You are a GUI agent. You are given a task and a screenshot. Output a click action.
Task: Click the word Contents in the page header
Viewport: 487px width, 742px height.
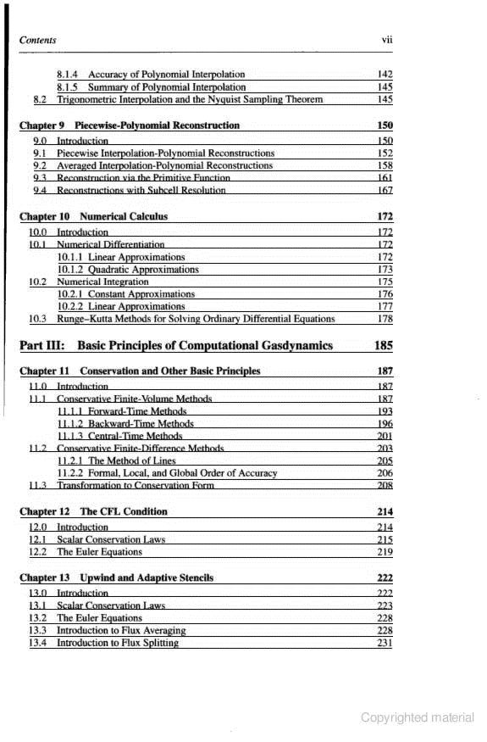pyautogui.click(x=37, y=40)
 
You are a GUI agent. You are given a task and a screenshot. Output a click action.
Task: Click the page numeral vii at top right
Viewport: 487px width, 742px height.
pyautogui.click(x=387, y=40)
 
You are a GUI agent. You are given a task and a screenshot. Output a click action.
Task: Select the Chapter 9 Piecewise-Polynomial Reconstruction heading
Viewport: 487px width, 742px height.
pyautogui.click(x=130, y=126)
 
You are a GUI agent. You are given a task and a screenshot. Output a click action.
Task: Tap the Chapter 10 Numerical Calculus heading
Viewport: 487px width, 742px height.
pyautogui.click(x=93, y=216)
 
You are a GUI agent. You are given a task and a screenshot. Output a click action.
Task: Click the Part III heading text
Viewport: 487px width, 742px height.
pyautogui.click(x=176, y=345)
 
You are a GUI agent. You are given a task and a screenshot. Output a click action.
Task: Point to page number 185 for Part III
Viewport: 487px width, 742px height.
pyautogui.click(x=383, y=345)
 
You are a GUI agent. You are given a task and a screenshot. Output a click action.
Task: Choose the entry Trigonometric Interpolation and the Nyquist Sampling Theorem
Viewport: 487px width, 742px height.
pyautogui.click(x=190, y=99)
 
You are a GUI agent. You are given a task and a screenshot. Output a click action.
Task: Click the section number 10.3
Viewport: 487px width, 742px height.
pyautogui.click(x=37, y=319)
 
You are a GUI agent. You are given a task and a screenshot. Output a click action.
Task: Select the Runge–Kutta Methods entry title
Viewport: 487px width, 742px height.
pyautogui.click(x=196, y=319)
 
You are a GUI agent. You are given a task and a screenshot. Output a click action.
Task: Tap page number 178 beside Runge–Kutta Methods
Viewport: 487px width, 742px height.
pyautogui.click(x=385, y=319)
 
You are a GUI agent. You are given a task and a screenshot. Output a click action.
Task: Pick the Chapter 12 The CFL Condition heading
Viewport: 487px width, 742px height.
pyautogui.click(x=93, y=511)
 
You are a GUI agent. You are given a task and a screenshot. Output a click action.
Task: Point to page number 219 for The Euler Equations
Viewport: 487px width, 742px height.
pyautogui.click(x=385, y=552)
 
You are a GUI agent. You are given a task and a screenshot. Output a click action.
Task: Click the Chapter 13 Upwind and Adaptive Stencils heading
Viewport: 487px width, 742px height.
pyautogui.click(x=117, y=577)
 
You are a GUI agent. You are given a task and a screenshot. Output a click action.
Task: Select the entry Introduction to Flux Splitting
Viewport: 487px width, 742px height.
pyautogui.click(x=118, y=643)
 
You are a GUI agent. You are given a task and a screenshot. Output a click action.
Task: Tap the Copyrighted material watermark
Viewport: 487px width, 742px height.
pyautogui.click(x=417, y=717)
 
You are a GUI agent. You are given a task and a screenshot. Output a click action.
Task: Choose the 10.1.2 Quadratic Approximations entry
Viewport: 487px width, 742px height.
pyautogui.click(x=128, y=270)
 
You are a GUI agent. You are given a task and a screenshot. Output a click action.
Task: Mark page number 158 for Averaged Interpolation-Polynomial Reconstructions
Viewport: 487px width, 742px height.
pyautogui.click(x=385, y=165)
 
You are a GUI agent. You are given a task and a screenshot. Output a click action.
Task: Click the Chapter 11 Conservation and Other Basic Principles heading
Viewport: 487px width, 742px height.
pyautogui.click(x=140, y=371)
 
